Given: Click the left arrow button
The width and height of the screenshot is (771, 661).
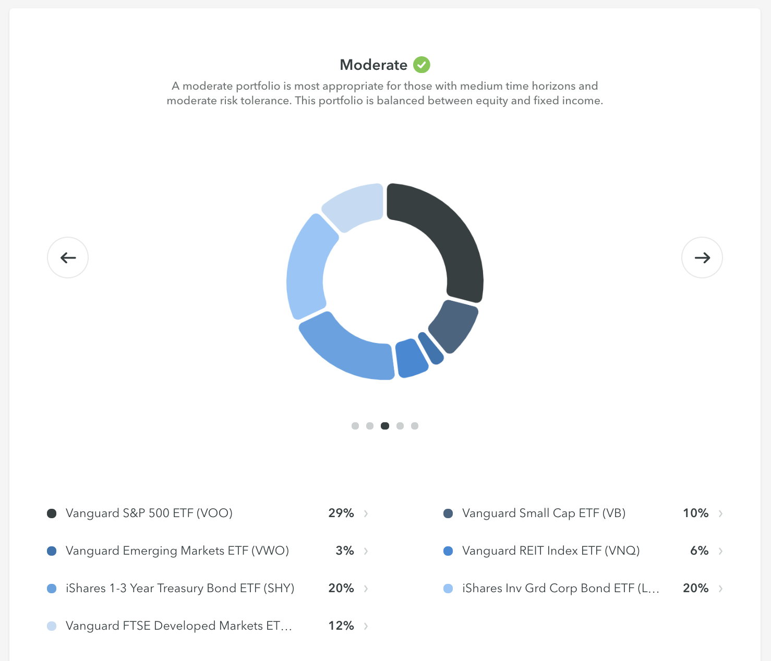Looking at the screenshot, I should tap(68, 258).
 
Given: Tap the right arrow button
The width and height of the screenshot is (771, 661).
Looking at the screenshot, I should tap(702, 258).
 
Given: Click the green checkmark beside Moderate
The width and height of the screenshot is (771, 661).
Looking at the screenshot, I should tap(421, 65).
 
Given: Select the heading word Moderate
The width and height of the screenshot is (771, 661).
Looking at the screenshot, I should tap(374, 65).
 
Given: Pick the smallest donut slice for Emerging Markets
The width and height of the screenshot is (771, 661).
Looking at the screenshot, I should tap(431, 348).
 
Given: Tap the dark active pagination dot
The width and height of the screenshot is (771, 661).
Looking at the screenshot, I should tap(385, 426).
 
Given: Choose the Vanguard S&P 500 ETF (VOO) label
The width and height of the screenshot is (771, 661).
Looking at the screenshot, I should tap(149, 513).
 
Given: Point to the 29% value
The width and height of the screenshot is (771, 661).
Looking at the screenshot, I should tap(341, 513).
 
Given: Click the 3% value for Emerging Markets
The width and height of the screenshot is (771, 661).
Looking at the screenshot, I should tap(345, 550).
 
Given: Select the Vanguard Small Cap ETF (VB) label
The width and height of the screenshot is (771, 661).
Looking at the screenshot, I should tap(544, 513).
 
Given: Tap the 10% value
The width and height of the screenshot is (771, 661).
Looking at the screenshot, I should tap(695, 513).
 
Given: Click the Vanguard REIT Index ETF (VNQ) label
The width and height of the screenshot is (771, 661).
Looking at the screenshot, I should tap(551, 550).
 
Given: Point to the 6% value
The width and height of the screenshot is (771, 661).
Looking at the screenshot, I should tap(699, 550).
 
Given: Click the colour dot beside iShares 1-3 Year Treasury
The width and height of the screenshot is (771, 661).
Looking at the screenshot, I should tap(52, 589).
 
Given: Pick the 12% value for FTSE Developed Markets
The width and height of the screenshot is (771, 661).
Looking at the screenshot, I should tap(341, 626).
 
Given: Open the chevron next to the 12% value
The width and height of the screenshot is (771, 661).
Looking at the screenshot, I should tap(366, 626).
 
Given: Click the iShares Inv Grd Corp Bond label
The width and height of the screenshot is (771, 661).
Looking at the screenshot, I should tap(561, 588).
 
